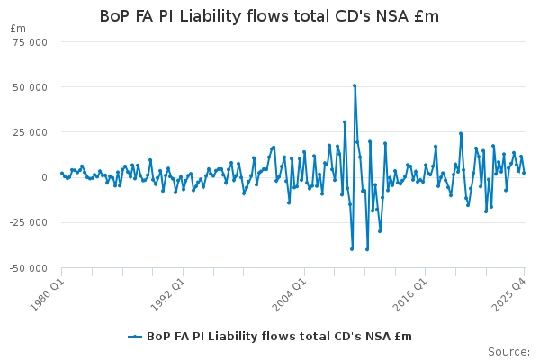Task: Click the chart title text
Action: [x=269, y=16]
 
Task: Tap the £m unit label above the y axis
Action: [x=17, y=29]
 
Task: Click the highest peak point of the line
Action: [x=355, y=85]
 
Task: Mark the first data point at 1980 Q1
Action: [x=61, y=173]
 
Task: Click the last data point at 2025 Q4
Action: [x=524, y=172]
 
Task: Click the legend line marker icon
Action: [x=135, y=337]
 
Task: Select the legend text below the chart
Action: [x=279, y=337]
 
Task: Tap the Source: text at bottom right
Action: [x=509, y=351]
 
